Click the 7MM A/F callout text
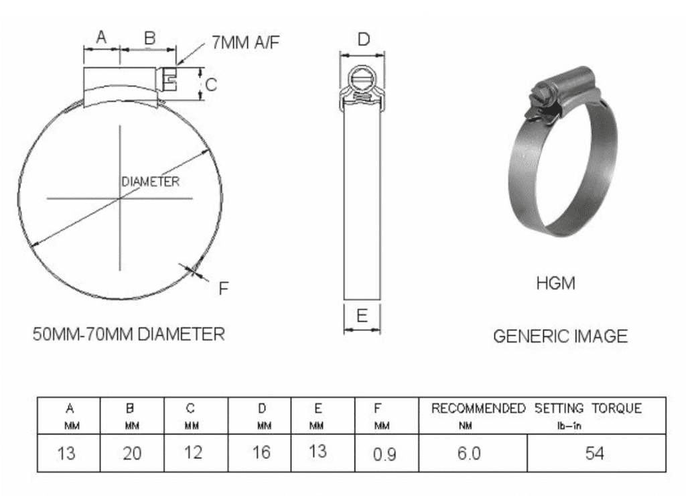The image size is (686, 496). click(x=245, y=43)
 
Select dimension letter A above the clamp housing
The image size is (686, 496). click(x=101, y=38)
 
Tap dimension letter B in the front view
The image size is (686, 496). click(x=149, y=38)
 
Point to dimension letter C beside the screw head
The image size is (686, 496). click(x=210, y=84)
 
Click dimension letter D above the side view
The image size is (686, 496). click(x=363, y=40)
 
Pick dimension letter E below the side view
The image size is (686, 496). click(x=362, y=316)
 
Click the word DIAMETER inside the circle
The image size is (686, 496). click(x=150, y=182)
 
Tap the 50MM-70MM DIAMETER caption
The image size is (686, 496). click(x=129, y=333)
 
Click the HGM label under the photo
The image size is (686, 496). click(x=555, y=284)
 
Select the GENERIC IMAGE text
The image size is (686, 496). click(x=560, y=336)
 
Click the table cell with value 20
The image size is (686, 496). click(x=132, y=454)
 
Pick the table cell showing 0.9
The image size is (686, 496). click(x=385, y=454)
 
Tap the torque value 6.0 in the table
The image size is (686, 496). click(x=469, y=454)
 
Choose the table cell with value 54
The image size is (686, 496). click(x=594, y=454)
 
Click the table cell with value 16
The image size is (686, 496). click(x=261, y=452)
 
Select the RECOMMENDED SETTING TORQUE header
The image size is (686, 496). click(x=536, y=408)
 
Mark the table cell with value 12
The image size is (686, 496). click(x=193, y=452)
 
